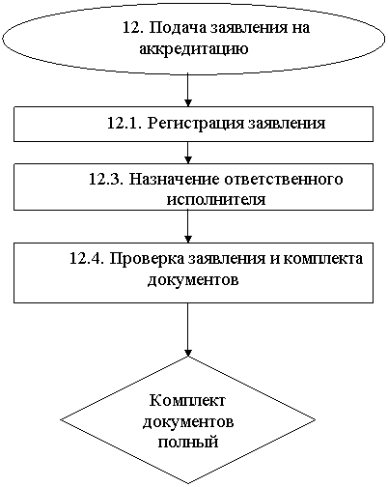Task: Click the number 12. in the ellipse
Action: pos(133,28)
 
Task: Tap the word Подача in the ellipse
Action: pos(178,28)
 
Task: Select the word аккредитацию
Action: pos(194,49)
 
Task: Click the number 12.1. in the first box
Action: pos(125,123)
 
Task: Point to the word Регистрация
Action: pos(196,124)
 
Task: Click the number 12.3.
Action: pos(106,179)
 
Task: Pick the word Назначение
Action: pos(174,179)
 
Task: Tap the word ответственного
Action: pos(284,180)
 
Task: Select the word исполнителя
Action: pos(216,199)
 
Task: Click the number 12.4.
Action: pos(87,258)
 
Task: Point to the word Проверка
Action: pos(148,259)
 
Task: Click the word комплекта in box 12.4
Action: pos(323,259)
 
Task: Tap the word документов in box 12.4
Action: pos(193,279)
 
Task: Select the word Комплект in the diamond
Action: pos(187,401)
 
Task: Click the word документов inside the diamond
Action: pos(188,422)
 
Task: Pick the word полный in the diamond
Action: pos(188,442)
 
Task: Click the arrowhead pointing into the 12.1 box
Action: pos(188,102)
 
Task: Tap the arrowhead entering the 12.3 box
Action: pos(188,159)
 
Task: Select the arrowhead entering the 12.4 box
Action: pos(188,239)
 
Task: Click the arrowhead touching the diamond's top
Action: pos(188,353)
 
